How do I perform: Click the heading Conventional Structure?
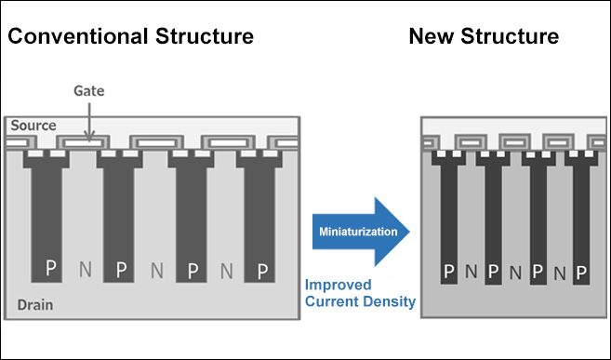(x=131, y=37)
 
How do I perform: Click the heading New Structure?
(x=484, y=37)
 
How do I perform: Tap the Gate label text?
(x=88, y=91)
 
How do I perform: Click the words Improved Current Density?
(x=360, y=293)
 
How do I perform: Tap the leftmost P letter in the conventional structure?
(x=51, y=270)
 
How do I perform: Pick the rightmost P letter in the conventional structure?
(x=263, y=270)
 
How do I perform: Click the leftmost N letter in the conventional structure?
(x=86, y=270)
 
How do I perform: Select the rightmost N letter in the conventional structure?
(x=227, y=270)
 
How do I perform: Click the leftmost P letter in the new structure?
(x=448, y=273)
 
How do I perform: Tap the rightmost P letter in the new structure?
(x=582, y=273)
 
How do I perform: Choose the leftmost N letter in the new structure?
(x=471, y=273)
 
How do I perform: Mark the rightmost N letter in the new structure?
(x=560, y=273)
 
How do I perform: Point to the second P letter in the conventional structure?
(x=121, y=270)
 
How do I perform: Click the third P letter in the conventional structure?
(x=193, y=270)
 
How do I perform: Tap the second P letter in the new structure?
(x=493, y=273)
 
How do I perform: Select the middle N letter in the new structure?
(x=515, y=273)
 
